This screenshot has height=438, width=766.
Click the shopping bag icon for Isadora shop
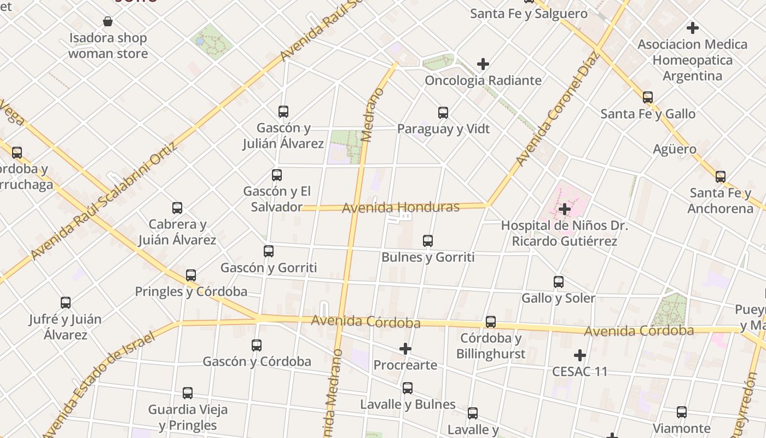tap(108, 21)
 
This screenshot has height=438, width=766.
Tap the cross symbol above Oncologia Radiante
tap(483, 64)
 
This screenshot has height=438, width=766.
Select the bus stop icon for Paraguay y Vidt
tap(443, 113)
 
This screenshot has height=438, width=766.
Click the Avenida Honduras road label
tap(401, 208)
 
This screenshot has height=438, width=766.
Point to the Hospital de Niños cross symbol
tap(565, 209)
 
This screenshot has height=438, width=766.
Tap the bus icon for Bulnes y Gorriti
tap(428, 240)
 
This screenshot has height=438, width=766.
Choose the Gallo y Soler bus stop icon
tap(559, 282)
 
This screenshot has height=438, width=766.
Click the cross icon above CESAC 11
tap(580, 355)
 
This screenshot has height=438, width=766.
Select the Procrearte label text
tap(405, 365)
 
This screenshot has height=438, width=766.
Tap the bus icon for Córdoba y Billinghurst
tap(491, 321)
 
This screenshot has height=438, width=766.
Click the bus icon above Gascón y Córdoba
tap(257, 345)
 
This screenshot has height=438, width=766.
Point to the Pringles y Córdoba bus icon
tap(191, 275)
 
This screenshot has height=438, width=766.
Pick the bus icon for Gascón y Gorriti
tap(269, 251)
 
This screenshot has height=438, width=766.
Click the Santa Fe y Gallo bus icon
tap(648, 97)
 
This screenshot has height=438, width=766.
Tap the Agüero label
tap(675, 149)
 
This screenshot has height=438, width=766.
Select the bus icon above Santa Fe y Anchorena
tap(721, 177)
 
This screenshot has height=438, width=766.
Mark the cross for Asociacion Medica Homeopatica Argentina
tap(693, 27)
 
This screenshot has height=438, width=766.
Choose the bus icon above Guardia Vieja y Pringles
tap(188, 393)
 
